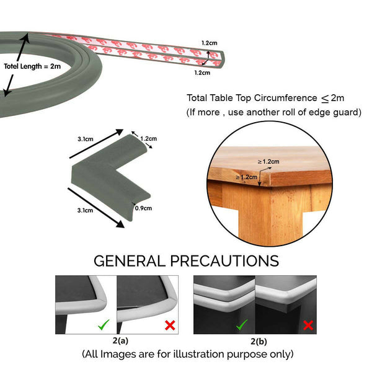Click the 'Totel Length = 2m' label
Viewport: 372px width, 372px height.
point(32,66)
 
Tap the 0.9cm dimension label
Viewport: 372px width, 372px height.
point(143,208)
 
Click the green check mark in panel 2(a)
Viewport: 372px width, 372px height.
point(104,324)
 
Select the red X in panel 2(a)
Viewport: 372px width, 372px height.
point(170,325)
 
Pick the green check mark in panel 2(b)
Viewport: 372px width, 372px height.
point(242,324)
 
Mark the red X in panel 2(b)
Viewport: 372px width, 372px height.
point(308,325)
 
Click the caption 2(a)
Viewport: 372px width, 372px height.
point(120,341)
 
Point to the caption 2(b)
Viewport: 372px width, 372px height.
point(259,342)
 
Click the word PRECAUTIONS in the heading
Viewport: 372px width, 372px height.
point(224,261)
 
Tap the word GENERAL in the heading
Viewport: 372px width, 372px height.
point(130,261)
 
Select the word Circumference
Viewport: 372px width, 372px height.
point(285,98)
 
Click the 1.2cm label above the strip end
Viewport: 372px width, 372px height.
point(210,43)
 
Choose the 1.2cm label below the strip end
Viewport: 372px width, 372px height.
point(202,73)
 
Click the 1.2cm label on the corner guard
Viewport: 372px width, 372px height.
point(149,138)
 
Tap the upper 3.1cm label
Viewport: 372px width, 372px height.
point(86,139)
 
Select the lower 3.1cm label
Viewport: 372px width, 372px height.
point(85,210)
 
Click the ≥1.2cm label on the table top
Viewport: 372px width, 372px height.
point(268,162)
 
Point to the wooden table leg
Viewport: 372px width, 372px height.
point(270,213)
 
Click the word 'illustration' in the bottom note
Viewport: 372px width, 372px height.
point(198,354)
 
